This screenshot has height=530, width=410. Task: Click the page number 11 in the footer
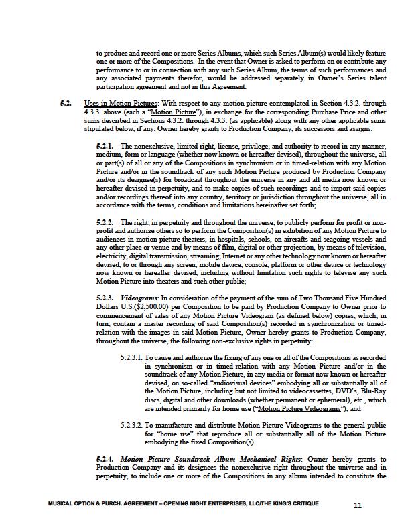(x=357, y=505)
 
